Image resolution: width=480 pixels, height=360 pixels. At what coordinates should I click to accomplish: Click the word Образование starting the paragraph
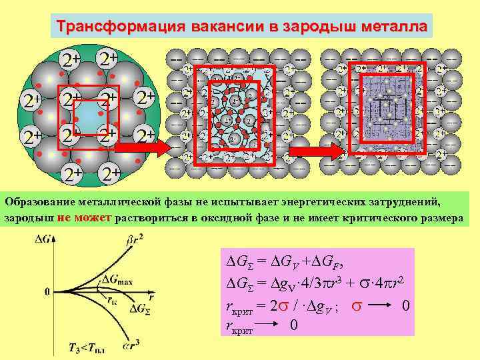[x=39, y=200]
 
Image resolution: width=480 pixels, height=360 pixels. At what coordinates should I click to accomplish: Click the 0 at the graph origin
[x=47, y=291]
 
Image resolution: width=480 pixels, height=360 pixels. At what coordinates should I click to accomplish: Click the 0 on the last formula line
[x=293, y=326]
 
